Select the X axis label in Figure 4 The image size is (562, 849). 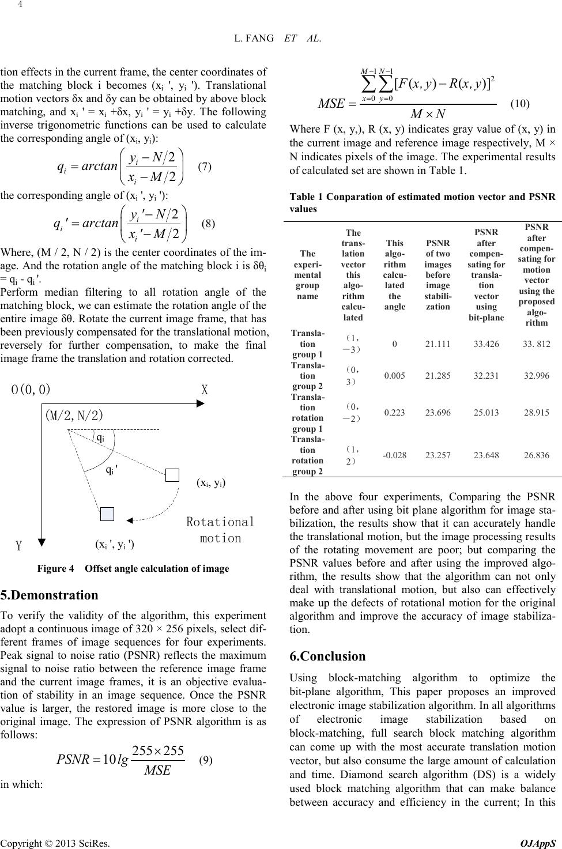[x=204, y=389]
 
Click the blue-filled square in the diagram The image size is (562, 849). [x=107, y=514]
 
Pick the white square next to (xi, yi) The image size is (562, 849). [x=172, y=475]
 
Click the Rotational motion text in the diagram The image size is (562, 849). [x=220, y=530]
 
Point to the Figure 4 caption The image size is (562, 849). [x=133, y=568]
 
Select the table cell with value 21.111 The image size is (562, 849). [x=437, y=344]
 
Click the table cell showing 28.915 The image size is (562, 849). [x=537, y=413]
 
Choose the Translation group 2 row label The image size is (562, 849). [x=307, y=375]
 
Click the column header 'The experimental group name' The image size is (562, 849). [x=307, y=274]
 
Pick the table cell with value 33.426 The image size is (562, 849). [x=486, y=344]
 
